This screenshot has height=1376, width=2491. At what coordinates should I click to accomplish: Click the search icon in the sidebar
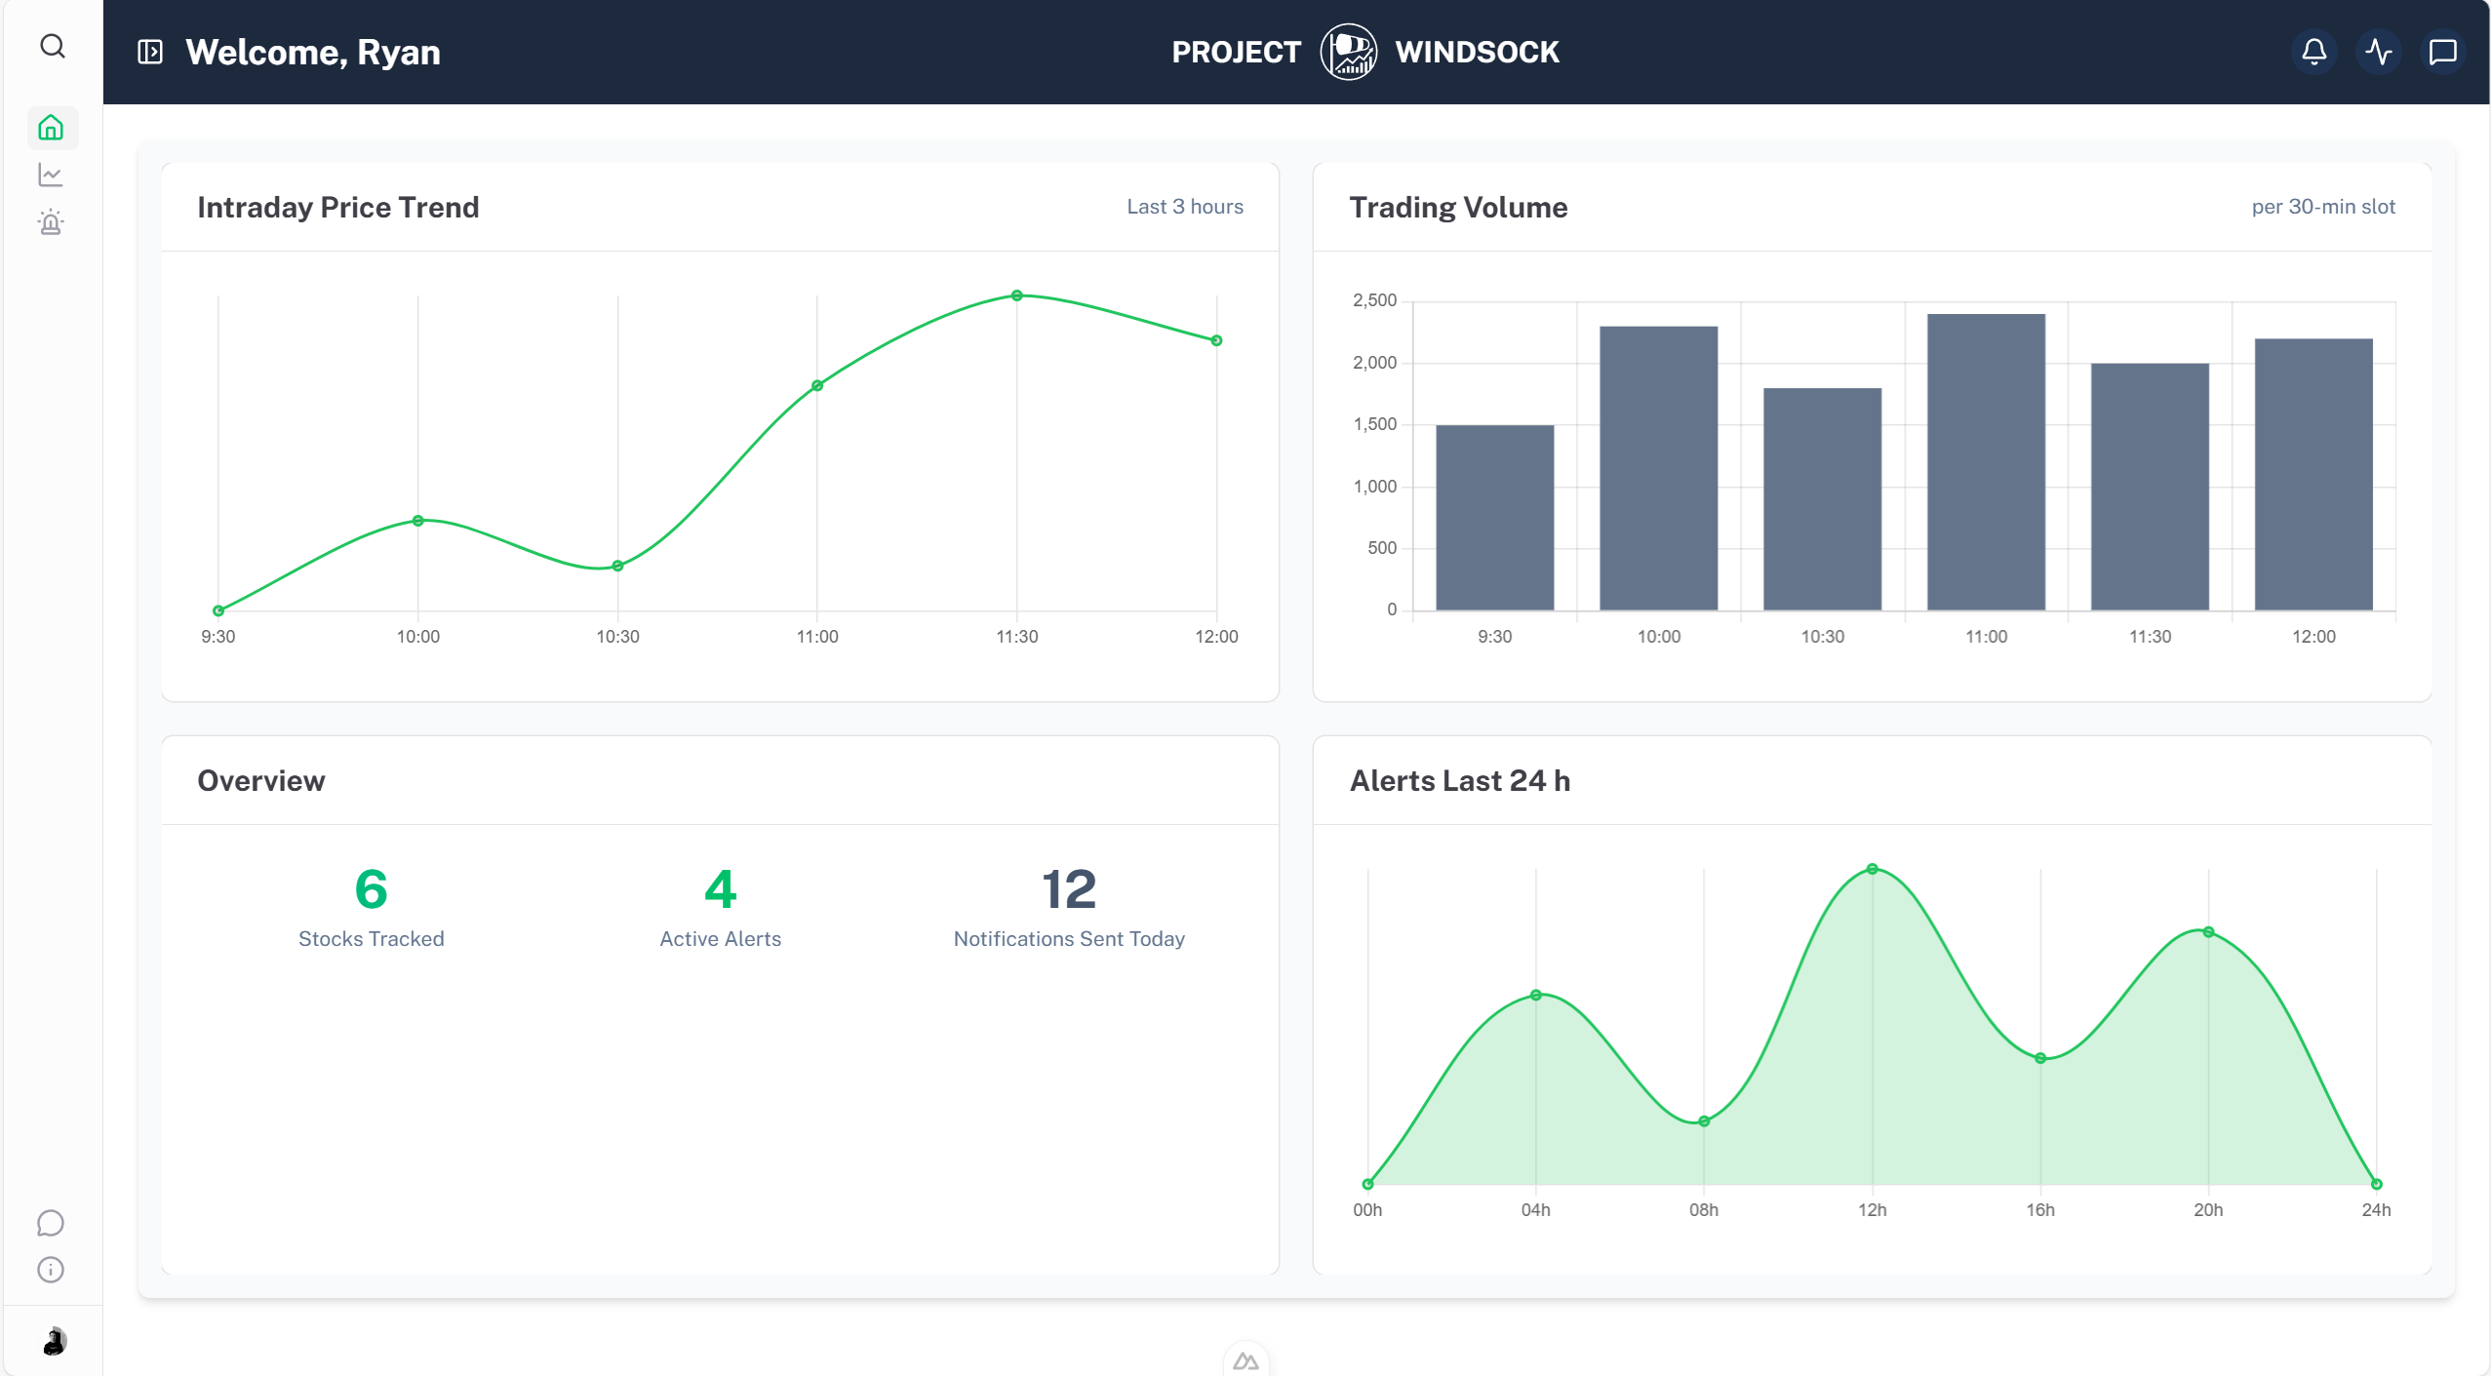click(53, 47)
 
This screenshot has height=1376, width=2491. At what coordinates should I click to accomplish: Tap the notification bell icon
click(2313, 52)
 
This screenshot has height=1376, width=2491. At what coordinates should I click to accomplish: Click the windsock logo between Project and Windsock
click(1348, 52)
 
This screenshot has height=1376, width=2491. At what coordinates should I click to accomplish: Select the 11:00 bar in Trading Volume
click(1986, 462)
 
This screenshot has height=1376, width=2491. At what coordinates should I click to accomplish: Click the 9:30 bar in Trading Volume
click(1494, 518)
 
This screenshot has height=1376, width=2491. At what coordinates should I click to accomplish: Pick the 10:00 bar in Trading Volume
click(1658, 468)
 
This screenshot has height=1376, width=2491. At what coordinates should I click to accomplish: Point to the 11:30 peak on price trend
click(1016, 295)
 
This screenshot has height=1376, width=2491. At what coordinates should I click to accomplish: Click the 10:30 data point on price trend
click(617, 566)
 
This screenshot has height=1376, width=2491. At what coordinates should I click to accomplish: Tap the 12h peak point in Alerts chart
click(1872, 869)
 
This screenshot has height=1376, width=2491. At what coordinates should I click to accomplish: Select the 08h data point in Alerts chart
click(1704, 1121)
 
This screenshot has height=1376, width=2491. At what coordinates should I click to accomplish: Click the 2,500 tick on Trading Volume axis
click(1374, 300)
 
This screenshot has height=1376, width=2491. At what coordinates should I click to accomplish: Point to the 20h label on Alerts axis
click(2208, 1209)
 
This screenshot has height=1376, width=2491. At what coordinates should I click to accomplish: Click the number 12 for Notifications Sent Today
click(1069, 889)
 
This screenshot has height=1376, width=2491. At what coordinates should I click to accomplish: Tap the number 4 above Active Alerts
click(720, 889)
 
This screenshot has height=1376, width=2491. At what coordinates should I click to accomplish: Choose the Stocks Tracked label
click(371, 938)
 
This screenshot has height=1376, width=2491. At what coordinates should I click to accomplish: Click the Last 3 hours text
click(1184, 207)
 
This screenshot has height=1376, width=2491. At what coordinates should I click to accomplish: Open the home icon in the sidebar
click(51, 128)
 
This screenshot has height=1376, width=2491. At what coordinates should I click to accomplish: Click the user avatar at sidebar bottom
click(54, 1341)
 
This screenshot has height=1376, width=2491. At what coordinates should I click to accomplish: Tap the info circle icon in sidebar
click(51, 1270)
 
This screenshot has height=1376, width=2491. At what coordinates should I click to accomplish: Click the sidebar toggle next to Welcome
click(150, 52)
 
